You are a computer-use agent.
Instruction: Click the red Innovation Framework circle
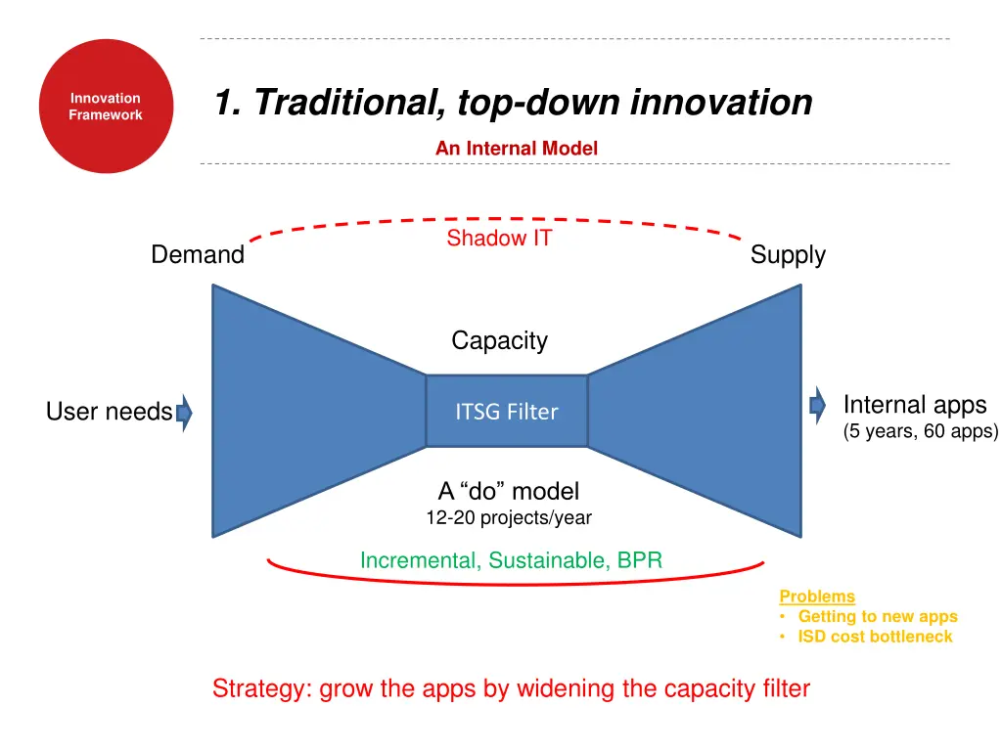click(x=105, y=107)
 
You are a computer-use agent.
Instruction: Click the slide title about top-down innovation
click(x=513, y=102)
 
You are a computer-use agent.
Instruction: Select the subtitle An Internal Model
click(x=516, y=149)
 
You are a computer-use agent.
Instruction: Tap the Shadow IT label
click(x=499, y=239)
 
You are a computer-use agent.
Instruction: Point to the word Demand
click(x=198, y=255)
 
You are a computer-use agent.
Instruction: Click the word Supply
click(x=788, y=255)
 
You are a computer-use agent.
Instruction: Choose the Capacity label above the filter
click(x=499, y=340)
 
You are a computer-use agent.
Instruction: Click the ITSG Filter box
click(x=506, y=412)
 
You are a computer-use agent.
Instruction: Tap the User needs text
click(x=109, y=413)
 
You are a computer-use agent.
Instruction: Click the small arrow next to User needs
click(x=184, y=413)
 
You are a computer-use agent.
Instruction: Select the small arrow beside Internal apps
click(x=817, y=405)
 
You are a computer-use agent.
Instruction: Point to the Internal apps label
click(x=914, y=405)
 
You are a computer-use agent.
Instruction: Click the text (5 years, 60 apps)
click(x=920, y=431)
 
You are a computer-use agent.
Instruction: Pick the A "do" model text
click(x=508, y=491)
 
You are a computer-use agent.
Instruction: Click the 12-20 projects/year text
click(x=508, y=517)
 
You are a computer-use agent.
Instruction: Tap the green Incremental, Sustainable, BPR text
click(x=511, y=560)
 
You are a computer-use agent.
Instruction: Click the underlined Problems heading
click(x=816, y=596)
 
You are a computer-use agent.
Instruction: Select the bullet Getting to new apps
click(x=877, y=616)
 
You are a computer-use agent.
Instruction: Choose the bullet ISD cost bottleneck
click(x=874, y=637)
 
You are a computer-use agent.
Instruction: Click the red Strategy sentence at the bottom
click(x=511, y=688)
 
